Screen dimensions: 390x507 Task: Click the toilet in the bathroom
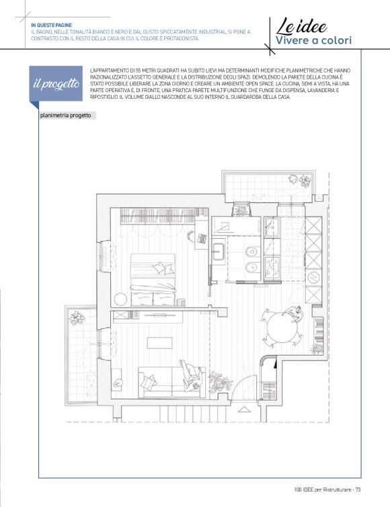pos(251,251)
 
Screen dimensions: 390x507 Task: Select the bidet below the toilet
pos(251,268)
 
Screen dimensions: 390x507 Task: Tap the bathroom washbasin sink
pos(219,252)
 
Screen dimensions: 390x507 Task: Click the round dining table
pos(282,327)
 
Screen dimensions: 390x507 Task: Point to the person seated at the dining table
pos(294,313)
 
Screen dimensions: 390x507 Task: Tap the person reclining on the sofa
pos(192,376)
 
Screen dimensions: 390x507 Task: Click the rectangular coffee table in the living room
pos(160,343)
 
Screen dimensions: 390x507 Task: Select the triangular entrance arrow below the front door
pos(245,409)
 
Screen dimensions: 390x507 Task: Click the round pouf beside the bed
pos(120,299)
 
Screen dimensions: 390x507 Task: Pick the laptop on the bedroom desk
pos(202,238)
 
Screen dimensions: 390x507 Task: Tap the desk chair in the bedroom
pos(191,237)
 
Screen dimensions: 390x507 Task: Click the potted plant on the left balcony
pos(77,317)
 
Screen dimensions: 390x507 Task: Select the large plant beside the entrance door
pos(220,381)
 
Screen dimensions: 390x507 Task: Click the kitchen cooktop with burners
pos(272,267)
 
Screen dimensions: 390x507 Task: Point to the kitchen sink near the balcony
pos(271,227)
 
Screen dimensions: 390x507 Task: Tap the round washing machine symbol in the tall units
pos(313,277)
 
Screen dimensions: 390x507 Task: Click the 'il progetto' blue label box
pos(56,84)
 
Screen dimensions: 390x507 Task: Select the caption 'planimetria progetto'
pos(66,116)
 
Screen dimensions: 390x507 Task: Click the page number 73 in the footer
pos(358,490)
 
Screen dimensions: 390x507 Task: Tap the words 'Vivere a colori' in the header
pos(313,41)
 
